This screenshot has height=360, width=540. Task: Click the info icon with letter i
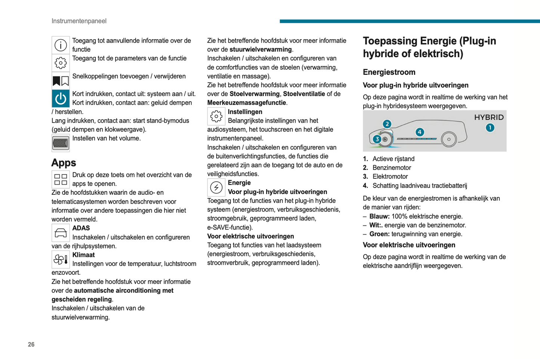[x=61, y=45]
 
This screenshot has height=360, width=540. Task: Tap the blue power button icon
[x=61, y=99]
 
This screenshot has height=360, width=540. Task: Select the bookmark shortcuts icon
[x=61, y=81]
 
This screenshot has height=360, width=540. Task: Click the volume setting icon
[x=61, y=143]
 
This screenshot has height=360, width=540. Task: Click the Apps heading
[x=64, y=163]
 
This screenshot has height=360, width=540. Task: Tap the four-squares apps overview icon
[x=61, y=179]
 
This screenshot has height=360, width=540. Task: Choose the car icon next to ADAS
[x=61, y=233]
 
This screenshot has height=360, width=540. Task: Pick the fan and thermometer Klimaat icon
[x=61, y=259]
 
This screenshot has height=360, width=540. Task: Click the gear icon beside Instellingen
[x=216, y=117]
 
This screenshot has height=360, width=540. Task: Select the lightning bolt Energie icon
[x=216, y=187]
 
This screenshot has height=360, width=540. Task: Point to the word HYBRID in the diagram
[x=489, y=117]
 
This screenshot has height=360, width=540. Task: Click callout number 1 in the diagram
[x=490, y=128]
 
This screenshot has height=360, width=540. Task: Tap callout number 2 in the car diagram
[x=387, y=124]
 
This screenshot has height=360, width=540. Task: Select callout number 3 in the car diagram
[x=377, y=139]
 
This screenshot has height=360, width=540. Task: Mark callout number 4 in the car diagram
[x=420, y=132]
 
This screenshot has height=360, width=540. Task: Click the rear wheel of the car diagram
[x=449, y=139]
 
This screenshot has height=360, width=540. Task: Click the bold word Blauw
[x=379, y=216]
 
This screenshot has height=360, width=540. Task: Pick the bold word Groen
[x=379, y=234]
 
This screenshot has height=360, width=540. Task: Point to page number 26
[x=31, y=345]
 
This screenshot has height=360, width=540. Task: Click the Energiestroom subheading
[x=389, y=72]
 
